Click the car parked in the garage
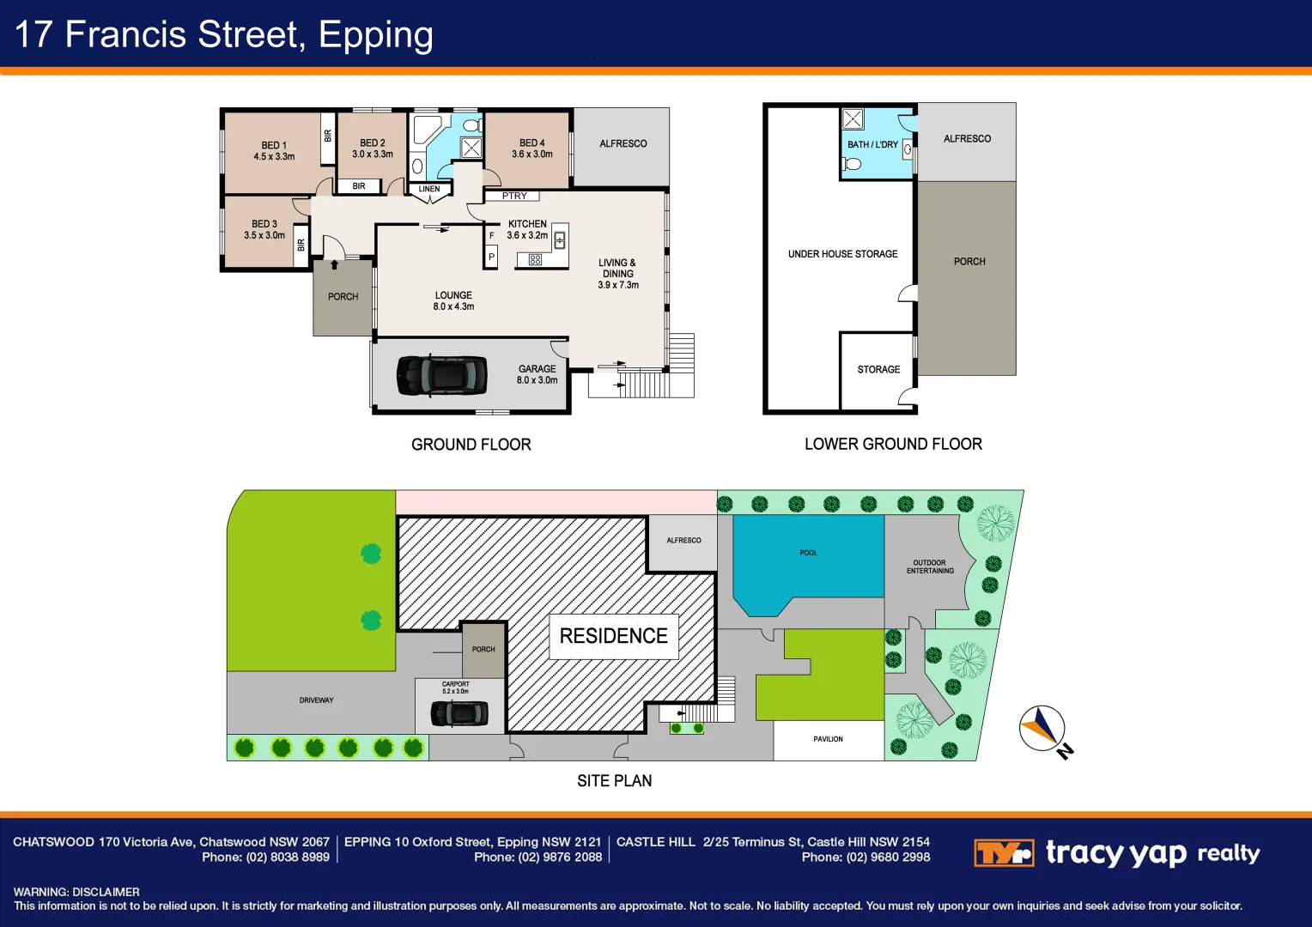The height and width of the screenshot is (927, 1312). (441, 375)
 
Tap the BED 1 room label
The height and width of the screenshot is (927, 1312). (274, 150)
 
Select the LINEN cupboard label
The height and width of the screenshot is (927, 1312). (429, 189)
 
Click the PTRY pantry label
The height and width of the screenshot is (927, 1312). (514, 196)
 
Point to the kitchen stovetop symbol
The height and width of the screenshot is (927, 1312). (535, 259)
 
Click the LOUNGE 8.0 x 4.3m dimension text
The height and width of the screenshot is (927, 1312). (454, 306)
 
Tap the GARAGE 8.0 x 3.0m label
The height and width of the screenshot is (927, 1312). (538, 374)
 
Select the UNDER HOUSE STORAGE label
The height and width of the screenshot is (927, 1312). (843, 253)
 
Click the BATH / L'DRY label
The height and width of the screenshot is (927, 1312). (872, 144)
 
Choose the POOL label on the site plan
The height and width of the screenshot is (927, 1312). (809, 552)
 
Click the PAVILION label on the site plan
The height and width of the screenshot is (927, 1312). (829, 739)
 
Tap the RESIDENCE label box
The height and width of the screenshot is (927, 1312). (613, 636)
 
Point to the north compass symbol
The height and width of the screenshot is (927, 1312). (1042, 729)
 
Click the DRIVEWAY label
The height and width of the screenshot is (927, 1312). (316, 700)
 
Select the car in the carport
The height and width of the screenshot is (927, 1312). (459, 713)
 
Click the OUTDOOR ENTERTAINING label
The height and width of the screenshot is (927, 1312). (930, 566)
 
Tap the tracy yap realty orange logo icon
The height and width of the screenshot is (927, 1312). (1004, 852)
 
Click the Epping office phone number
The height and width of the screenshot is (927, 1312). (538, 857)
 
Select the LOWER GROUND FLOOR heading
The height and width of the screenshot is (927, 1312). (893, 444)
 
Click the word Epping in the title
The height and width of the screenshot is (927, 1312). (375, 35)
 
